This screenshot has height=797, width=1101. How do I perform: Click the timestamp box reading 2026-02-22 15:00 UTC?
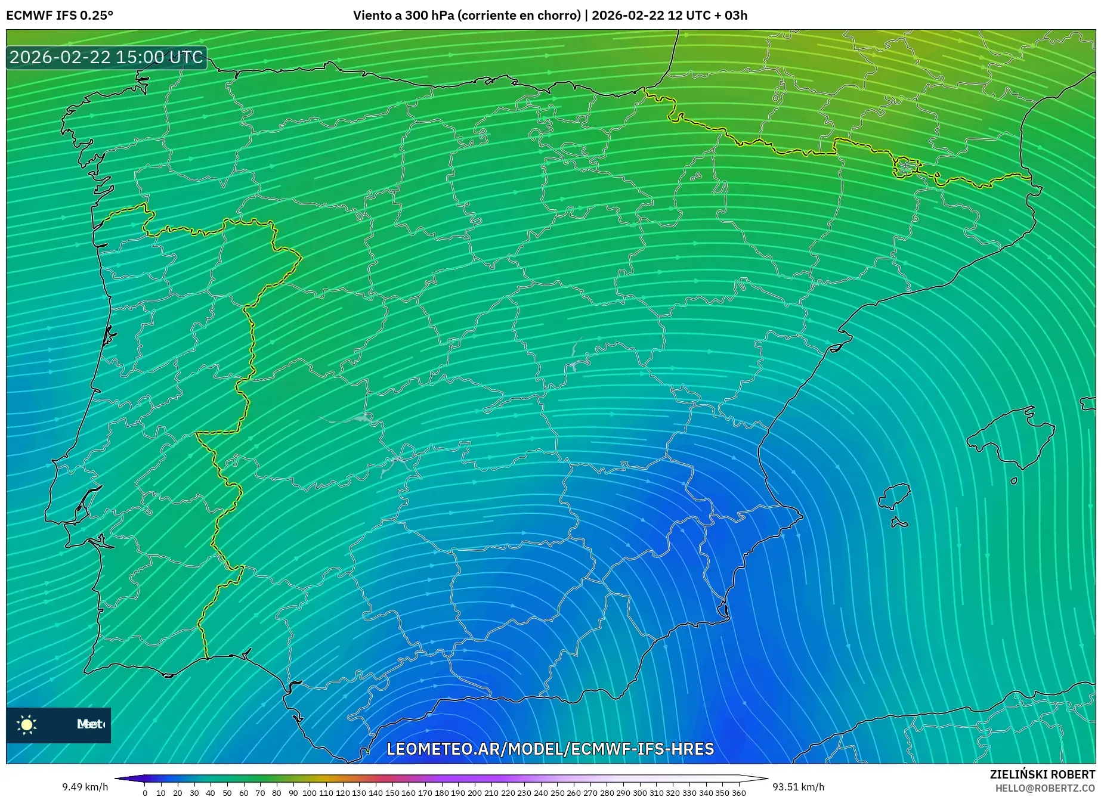106,57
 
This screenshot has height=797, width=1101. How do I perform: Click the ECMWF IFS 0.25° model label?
60,15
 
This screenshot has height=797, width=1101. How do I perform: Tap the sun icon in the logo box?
27,724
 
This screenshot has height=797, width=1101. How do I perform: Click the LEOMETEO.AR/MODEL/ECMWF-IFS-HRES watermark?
550,749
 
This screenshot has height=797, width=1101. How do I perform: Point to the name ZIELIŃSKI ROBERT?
1042,774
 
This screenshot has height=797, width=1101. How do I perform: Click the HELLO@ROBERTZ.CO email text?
1044,787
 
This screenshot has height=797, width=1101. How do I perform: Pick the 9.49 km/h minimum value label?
85,787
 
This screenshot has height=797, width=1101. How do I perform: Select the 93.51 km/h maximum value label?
798,787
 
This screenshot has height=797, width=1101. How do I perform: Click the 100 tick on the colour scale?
309,793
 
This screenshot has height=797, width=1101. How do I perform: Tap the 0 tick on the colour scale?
145,793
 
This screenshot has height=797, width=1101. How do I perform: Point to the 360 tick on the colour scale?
738,793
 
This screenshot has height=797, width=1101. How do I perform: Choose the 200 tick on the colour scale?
474,793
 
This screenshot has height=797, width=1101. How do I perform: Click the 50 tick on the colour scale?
227,793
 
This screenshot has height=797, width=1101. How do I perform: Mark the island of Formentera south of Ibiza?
899,523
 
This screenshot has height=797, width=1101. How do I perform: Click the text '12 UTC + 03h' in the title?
707,15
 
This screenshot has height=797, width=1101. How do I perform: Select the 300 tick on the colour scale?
639,793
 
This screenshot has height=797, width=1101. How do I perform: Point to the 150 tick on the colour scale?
392,793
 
